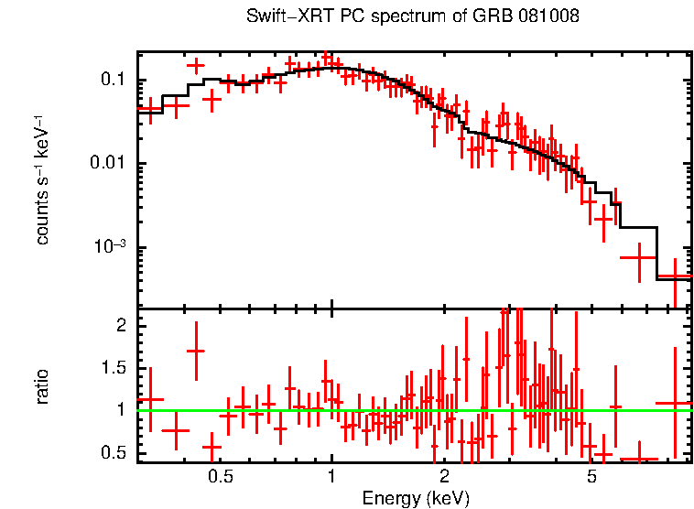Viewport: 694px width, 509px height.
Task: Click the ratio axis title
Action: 42,386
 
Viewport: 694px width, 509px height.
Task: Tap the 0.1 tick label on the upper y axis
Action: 112,80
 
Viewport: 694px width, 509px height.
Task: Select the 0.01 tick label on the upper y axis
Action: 107,164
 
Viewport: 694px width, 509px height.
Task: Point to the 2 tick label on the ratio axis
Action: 119,326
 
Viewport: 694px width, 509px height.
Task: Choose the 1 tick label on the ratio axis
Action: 119,410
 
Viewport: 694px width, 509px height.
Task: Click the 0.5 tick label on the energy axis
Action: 219,477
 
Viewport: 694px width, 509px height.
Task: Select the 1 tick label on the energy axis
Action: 331,477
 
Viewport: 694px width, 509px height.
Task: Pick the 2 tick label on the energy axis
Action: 444,477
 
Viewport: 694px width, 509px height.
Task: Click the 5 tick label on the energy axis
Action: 592,477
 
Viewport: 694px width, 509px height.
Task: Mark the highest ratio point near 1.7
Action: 195,351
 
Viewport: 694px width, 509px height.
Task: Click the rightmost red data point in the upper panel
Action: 675,276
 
